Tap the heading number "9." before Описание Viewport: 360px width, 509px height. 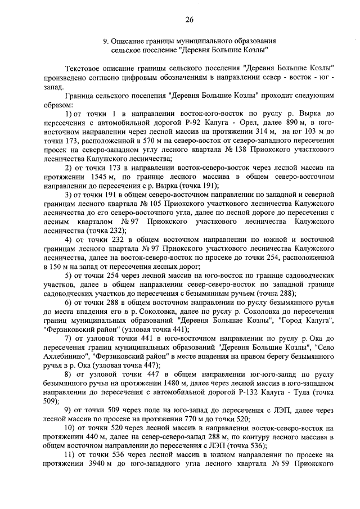[x=105, y=42]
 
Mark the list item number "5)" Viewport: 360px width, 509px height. [x=69, y=275]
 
